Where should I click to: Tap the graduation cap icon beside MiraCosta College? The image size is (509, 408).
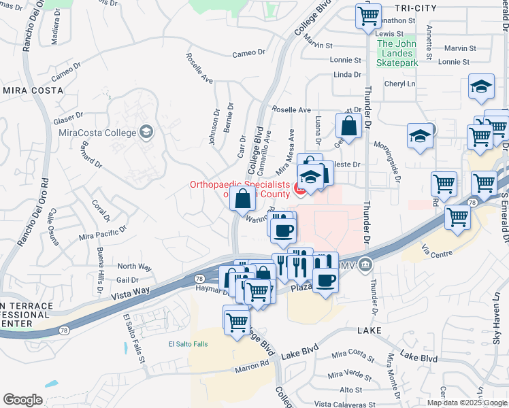click(146, 131)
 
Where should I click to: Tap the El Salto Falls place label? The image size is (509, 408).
click(188, 344)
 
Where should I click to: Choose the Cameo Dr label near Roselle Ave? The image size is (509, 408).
click(248, 53)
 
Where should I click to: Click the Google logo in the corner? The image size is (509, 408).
click(22, 399)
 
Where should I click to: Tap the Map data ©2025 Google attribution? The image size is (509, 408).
click(466, 403)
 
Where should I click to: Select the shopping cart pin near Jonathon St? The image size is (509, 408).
click(368, 15)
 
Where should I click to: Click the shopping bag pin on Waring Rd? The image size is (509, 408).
click(242, 199)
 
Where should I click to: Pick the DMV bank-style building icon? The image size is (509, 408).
click(366, 264)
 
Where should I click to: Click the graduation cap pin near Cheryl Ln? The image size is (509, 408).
click(481, 86)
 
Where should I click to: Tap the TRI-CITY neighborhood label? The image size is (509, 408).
click(415, 7)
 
